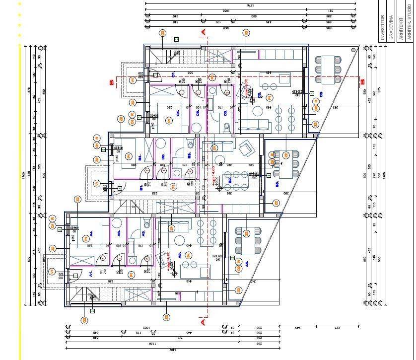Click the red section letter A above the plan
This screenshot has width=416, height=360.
[x=203, y=32]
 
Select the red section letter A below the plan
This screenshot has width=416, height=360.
[x=203, y=322]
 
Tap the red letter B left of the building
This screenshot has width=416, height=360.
[x=112, y=83]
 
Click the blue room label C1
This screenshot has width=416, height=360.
[x=173, y=75]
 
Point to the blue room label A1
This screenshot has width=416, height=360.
[x=91, y=274]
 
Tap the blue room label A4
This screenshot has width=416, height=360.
[x=91, y=232]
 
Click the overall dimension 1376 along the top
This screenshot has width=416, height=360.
[x=250, y=5]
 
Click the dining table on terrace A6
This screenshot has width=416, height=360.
[x=247, y=241]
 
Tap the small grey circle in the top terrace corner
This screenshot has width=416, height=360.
[x=351, y=50]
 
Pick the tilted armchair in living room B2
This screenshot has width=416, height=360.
[x=245, y=148]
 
